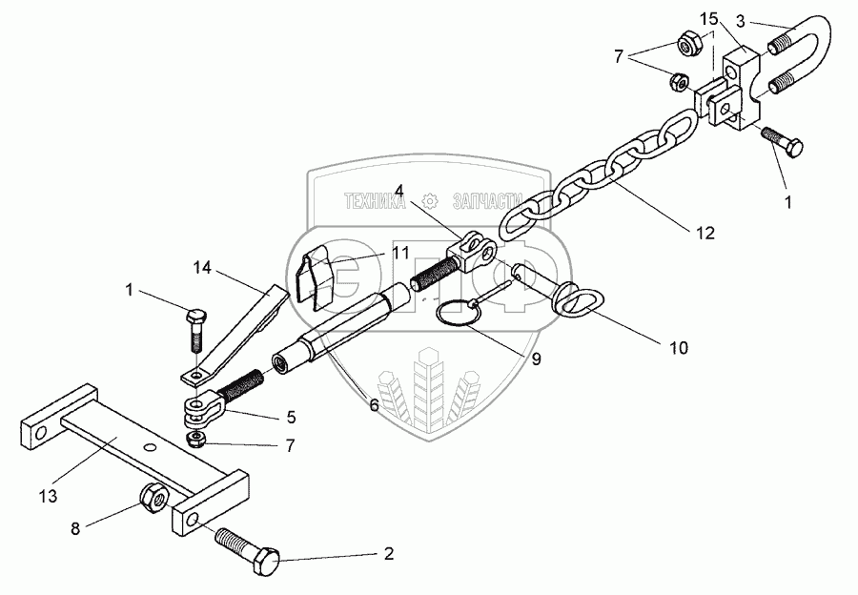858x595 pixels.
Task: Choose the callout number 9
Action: pyautogui.click(x=536, y=359)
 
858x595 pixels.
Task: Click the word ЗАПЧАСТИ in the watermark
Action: pyautogui.click(x=487, y=201)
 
